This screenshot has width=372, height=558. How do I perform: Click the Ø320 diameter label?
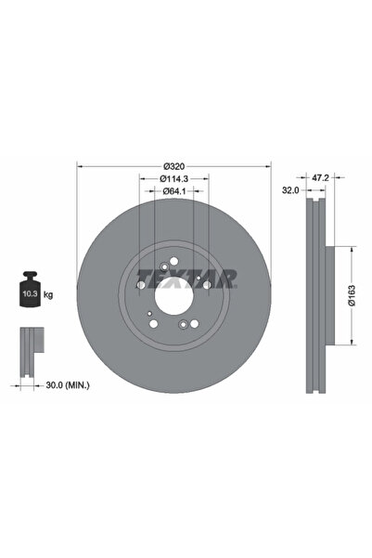173,166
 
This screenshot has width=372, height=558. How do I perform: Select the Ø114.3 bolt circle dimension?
173,178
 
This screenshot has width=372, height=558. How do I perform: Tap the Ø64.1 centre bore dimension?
174,191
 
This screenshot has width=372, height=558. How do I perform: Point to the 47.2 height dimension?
320,177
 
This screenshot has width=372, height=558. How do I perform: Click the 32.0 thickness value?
290,190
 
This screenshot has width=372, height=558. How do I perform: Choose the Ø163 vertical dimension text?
352,295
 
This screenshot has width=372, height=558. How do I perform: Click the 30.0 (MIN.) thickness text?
68,385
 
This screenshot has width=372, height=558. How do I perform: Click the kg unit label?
48,294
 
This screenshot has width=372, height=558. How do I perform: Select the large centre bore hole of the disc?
173,296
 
